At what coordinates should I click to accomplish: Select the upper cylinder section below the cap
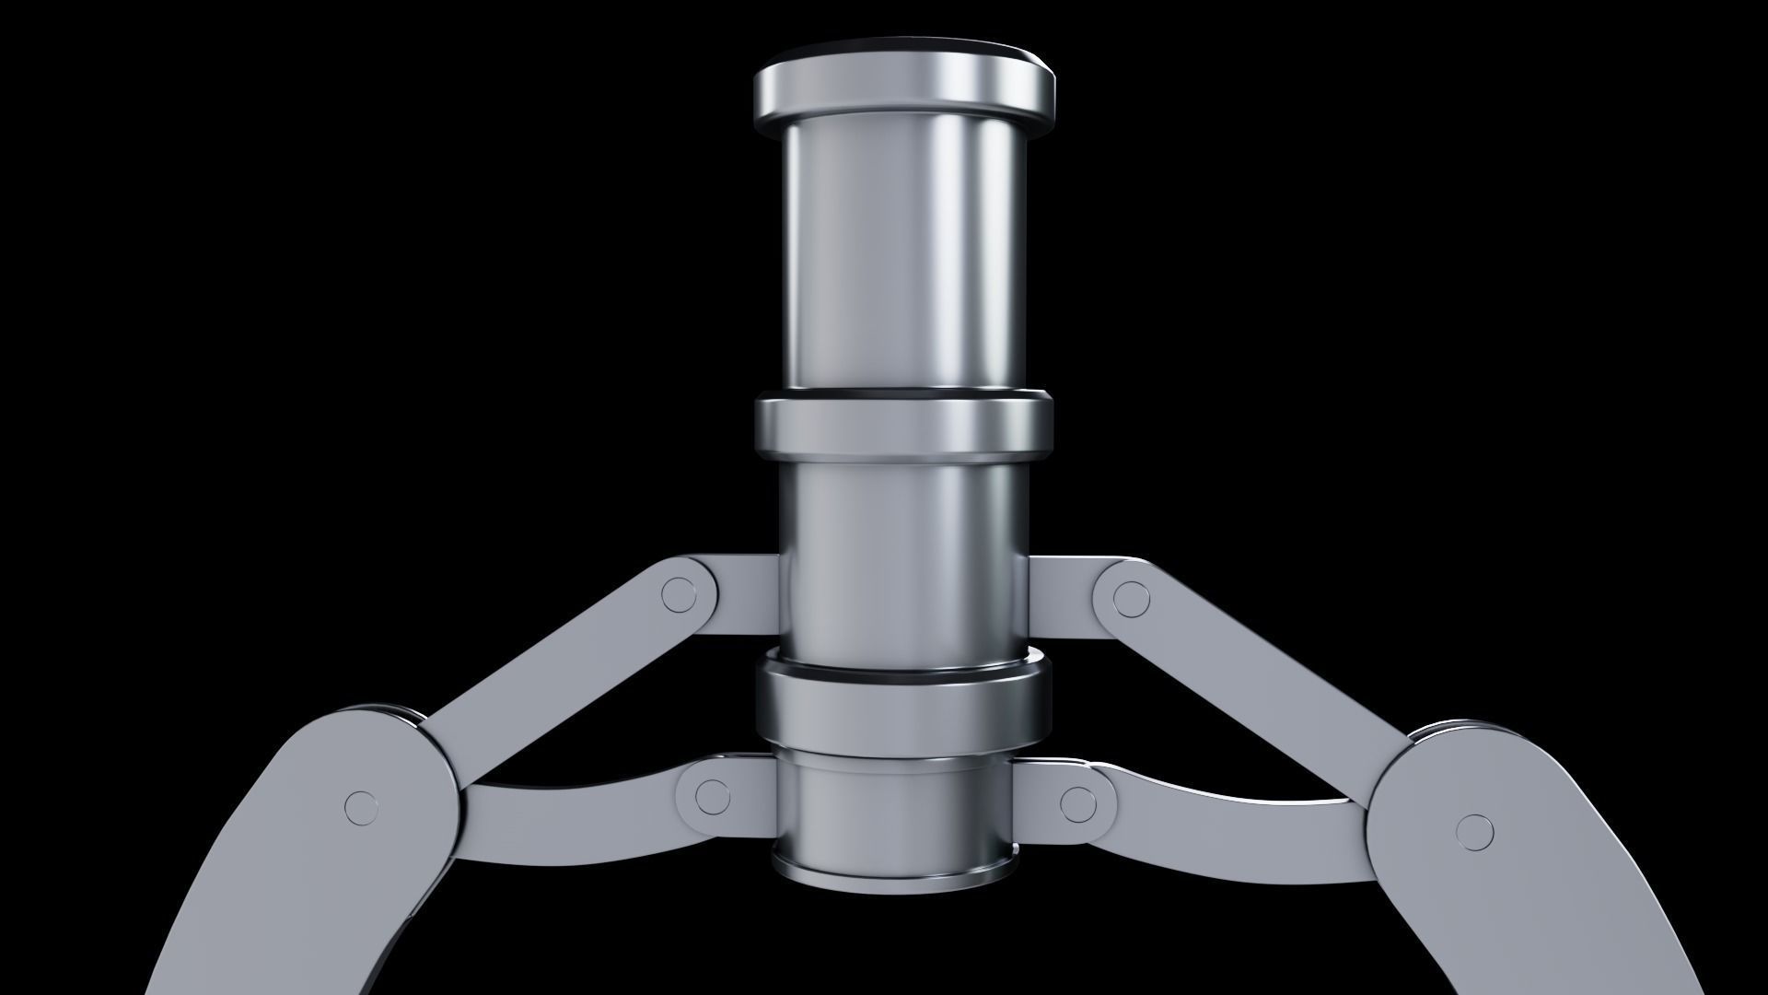click(902, 258)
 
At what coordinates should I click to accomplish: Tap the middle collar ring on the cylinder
click(902, 426)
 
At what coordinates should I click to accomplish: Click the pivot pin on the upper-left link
click(680, 595)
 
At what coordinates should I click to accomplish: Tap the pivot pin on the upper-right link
click(1131, 600)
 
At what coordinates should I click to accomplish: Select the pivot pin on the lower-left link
click(712, 797)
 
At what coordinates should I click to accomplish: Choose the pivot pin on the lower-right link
click(1078, 802)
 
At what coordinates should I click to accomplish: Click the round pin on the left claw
click(362, 808)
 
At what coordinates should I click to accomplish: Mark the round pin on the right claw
click(1475, 832)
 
